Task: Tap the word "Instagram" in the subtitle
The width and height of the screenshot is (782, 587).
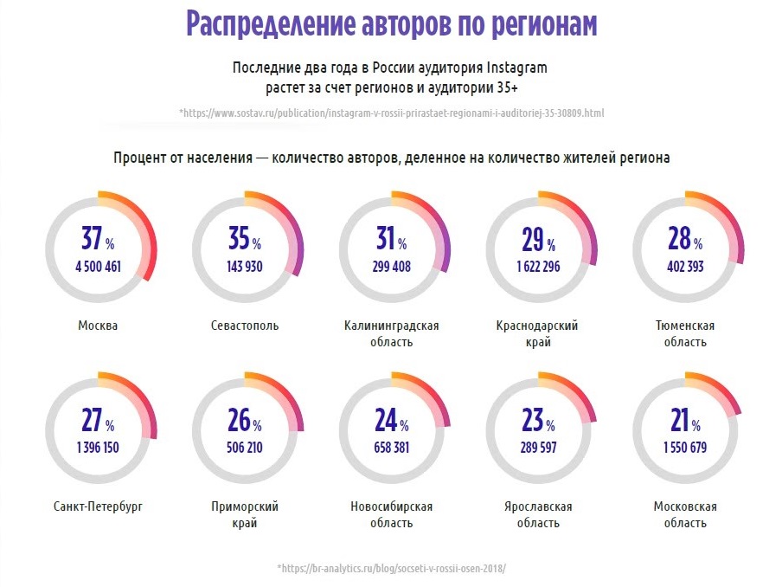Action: [x=517, y=68]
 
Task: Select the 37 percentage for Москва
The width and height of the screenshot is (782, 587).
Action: [x=92, y=238]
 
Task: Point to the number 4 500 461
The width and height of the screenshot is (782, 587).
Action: [x=98, y=267]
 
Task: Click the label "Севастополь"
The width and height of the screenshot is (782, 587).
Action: [x=245, y=326]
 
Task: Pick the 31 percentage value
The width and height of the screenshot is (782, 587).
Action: [x=385, y=238]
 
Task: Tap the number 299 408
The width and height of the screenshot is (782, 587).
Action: [x=391, y=267]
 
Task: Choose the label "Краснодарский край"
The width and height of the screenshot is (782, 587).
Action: [x=537, y=333]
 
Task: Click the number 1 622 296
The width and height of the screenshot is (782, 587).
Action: [x=538, y=267]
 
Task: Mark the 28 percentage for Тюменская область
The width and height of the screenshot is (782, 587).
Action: [x=680, y=238]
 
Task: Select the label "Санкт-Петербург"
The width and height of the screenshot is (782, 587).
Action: [x=98, y=506]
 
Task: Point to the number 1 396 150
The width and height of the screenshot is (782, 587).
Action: [x=98, y=448]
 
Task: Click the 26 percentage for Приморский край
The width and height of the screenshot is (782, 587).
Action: [x=239, y=420]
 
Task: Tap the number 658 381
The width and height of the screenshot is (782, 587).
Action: [x=391, y=448]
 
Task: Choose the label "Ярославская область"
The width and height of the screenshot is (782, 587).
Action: [x=537, y=514]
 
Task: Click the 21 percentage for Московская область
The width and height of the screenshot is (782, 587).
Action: [x=680, y=420]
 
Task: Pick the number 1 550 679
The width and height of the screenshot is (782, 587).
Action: [x=685, y=448]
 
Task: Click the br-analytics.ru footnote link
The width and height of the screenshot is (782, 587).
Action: [x=391, y=568]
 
